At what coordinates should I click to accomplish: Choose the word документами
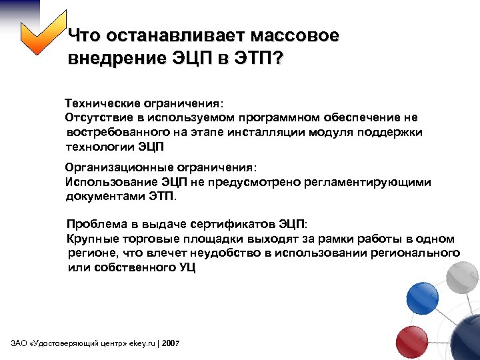pyautogui.click(x=102, y=196)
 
